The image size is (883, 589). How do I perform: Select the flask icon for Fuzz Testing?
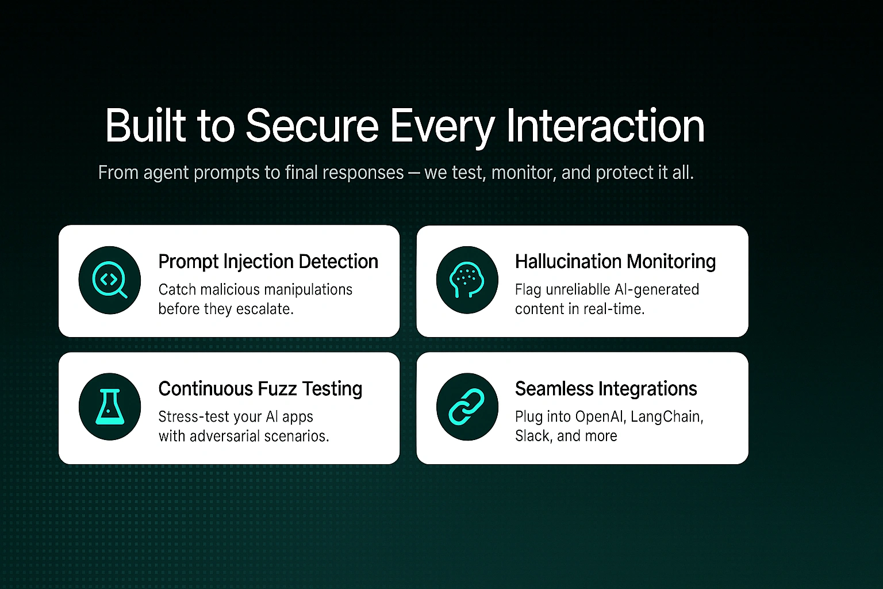click(x=110, y=407)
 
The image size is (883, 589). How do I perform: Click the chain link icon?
click(x=467, y=407)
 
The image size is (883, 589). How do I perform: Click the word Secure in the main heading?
click(x=312, y=125)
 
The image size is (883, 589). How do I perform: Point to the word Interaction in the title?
click(x=605, y=125)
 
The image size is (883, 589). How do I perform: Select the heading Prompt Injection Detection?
click(x=268, y=262)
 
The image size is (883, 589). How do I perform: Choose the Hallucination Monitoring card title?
click(x=615, y=262)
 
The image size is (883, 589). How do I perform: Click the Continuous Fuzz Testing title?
click(x=260, y=389)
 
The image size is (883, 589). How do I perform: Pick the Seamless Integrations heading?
click(x=606, y=389)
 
